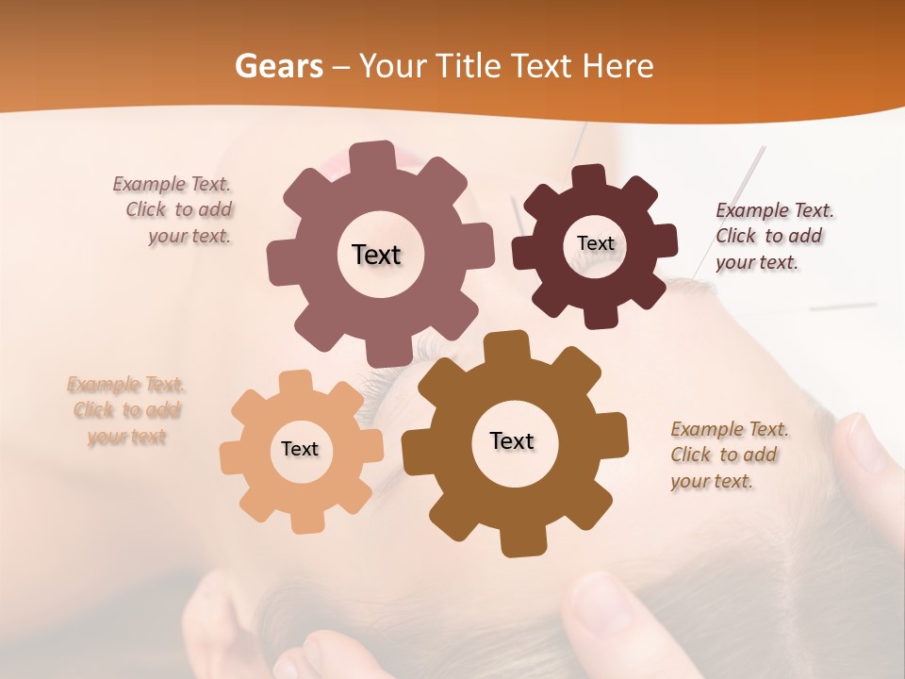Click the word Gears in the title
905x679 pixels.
click(x=279, y=66)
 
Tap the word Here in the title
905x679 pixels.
click(x=617, y=66)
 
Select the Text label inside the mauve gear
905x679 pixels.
click(x=376, y=255)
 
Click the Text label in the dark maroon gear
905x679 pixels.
click(x=595, y=243)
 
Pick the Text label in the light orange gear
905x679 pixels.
click(x=300, y=449)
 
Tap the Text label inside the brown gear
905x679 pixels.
click(x=512, y=440)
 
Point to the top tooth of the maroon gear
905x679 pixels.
click(x=589, y=176)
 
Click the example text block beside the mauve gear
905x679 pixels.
click(x=174, y=210)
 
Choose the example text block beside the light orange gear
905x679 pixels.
click(x=126, y=410)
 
